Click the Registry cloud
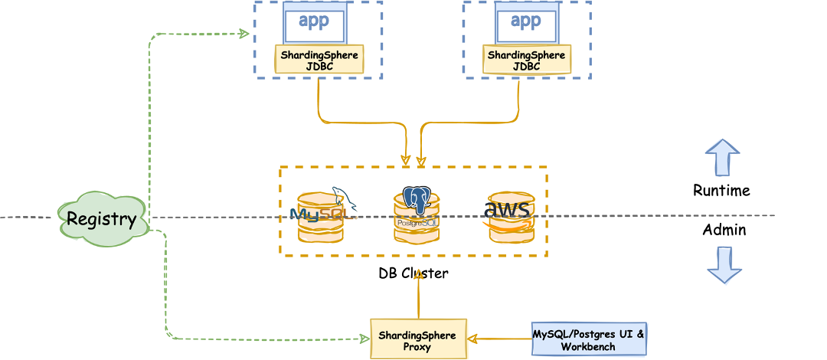click(x=101, y=219)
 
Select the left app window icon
click(x=315, y=23)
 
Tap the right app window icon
click(x=526, y=23)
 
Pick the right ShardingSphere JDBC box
click(x=526, y=61)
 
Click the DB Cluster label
click(x=413, y=273)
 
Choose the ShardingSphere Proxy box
click(x=418, y=340)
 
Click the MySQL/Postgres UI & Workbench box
click(x=588, y=340)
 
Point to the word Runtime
click(x=721, y=190)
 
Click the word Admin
click(x=724, y=229)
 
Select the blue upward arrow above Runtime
click(x=722, y=158)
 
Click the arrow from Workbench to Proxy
click(x=500, y=338)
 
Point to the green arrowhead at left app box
click(x=244, y=34)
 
